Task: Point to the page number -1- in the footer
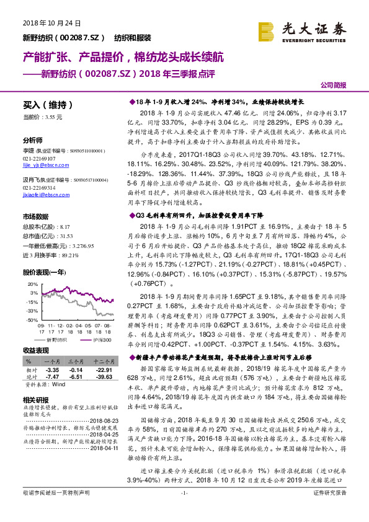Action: click(x=184, y=510)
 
